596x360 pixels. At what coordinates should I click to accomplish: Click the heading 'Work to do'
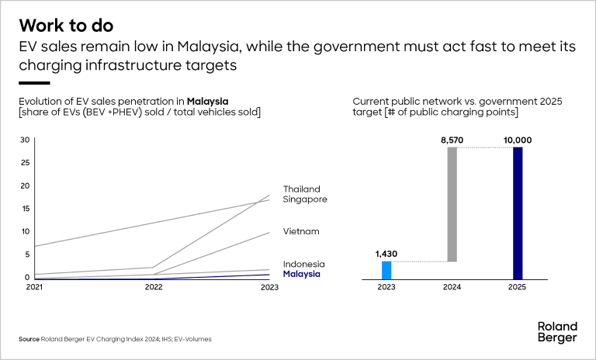[70, 24]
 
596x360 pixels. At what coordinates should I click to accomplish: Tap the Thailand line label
[301, 189]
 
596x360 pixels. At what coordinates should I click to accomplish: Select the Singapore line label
[305, 199]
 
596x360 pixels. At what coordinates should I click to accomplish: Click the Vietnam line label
[301, 231]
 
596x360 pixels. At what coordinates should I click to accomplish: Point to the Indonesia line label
[303, 264]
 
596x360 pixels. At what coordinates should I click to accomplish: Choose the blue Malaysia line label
[301, 274]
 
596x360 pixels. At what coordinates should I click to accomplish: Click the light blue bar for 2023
[386, 270]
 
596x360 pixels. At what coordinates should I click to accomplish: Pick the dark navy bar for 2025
[518, 213]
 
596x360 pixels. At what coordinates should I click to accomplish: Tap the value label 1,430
[386, 254]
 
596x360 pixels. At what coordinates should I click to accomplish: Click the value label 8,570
[452, 140]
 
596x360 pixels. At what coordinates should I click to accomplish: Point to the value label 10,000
[518, 140]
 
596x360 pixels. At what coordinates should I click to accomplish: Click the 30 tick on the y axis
[25, 140]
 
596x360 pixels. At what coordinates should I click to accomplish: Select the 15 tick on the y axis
[25, 208]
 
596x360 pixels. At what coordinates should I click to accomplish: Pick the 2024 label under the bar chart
[452, 288]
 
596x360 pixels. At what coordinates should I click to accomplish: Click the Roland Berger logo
[557, 331]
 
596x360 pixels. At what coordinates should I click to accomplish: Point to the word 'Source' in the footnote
[29, 339]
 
